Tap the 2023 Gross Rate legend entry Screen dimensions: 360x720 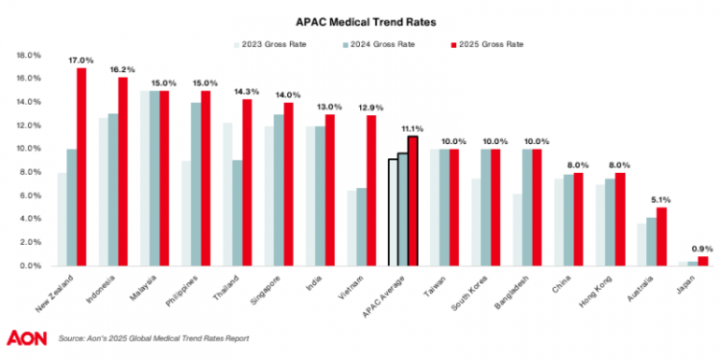point(273,44)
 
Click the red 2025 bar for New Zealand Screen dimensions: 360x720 point(82,168)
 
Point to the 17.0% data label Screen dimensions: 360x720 point(81,60)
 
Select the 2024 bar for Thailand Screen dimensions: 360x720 point(236,213)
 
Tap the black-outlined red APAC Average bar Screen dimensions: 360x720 point(413,202)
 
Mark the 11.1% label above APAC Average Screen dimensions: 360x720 point(413,128)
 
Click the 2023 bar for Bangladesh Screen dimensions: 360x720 point(517,230)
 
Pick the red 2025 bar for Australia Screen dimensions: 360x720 point(660,237)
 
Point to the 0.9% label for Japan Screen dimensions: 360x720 point(703,249)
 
